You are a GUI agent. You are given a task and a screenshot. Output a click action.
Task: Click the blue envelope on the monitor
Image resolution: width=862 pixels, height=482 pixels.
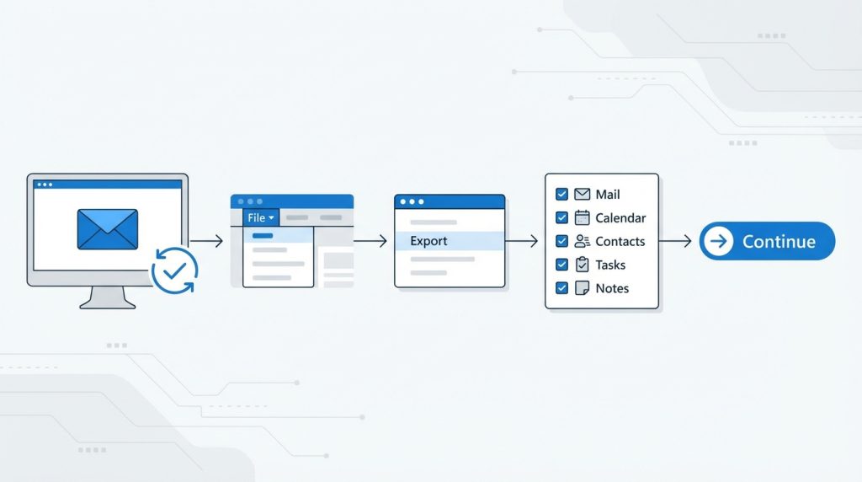[108, 229]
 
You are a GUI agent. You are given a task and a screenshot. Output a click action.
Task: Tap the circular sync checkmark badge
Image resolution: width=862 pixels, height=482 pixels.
[175, 270]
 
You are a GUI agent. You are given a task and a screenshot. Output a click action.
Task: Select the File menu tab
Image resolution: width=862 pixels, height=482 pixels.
[261, 218]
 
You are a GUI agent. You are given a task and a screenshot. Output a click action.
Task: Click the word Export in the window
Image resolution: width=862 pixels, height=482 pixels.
[428, 241]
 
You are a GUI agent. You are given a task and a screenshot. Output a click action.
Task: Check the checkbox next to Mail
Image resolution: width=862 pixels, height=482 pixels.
[561, 194]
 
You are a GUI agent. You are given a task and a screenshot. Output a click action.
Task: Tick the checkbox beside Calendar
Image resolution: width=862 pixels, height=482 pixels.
[561, 218]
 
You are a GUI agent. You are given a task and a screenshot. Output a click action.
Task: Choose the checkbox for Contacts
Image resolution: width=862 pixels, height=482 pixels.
[561, 241]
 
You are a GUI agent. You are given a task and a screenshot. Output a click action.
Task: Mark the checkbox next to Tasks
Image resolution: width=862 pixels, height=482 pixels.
[561, 265]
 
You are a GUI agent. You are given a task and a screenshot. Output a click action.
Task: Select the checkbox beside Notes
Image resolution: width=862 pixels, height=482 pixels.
[561, 288]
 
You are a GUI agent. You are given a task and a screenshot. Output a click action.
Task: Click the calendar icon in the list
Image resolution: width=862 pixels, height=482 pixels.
[583, 218]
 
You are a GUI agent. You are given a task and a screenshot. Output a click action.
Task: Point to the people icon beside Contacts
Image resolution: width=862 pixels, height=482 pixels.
[583, 241]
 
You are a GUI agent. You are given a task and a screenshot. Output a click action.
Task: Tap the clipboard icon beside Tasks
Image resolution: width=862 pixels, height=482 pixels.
[583, 265]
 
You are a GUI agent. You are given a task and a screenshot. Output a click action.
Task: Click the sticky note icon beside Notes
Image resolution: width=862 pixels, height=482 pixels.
[583, 288]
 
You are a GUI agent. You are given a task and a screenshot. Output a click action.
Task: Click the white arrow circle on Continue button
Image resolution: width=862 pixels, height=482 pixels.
[719, 241]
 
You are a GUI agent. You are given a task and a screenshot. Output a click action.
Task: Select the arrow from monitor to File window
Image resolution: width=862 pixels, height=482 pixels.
[206, 241]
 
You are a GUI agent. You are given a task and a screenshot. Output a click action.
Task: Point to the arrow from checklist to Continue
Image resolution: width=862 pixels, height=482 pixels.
[675, 241]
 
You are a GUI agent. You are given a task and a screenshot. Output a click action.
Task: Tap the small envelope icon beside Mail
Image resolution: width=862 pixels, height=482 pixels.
[583, 194]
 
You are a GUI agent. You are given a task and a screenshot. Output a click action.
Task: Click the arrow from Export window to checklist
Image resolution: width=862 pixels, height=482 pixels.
[521, 241]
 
